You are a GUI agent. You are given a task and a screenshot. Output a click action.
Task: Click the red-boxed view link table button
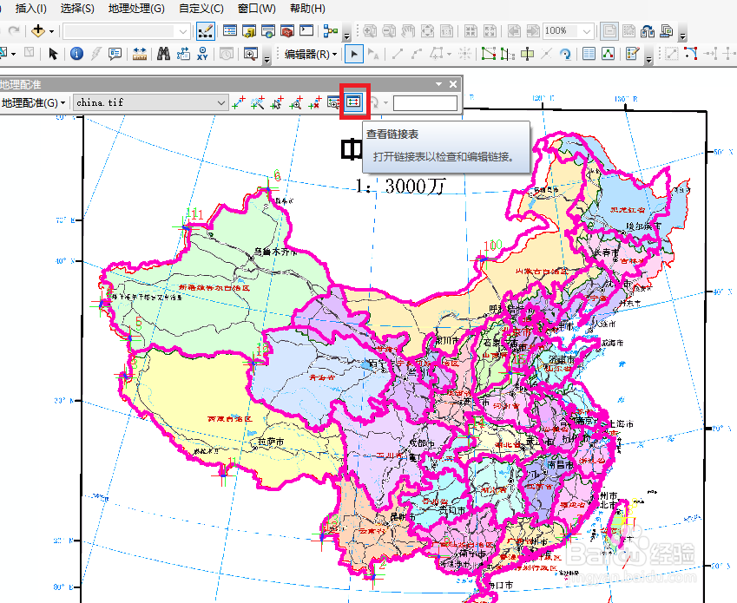click(353, 102)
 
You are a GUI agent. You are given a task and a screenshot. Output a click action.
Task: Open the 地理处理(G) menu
click(135, 9)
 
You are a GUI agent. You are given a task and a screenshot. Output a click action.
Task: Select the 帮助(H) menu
click(307, 9)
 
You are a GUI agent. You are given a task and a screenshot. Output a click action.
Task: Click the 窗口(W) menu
click(256, 9)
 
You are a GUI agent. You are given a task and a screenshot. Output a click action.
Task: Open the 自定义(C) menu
click(201, 9)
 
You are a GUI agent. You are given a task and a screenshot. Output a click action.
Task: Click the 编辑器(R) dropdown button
click(312, 54)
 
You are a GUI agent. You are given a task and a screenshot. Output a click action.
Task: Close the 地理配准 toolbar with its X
click(452, 84)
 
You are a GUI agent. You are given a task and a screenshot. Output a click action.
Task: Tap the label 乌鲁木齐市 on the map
click(275, 252)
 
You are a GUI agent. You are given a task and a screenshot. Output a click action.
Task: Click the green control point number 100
click(492, 246)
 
